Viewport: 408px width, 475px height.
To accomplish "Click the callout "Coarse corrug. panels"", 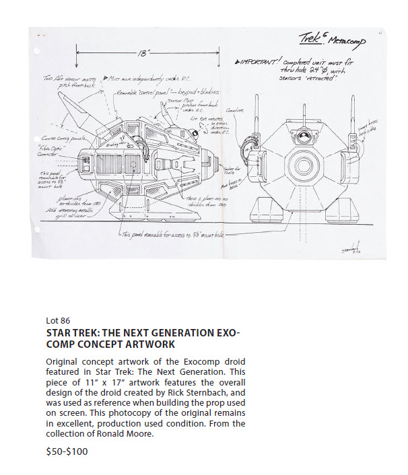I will pos(51,138).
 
